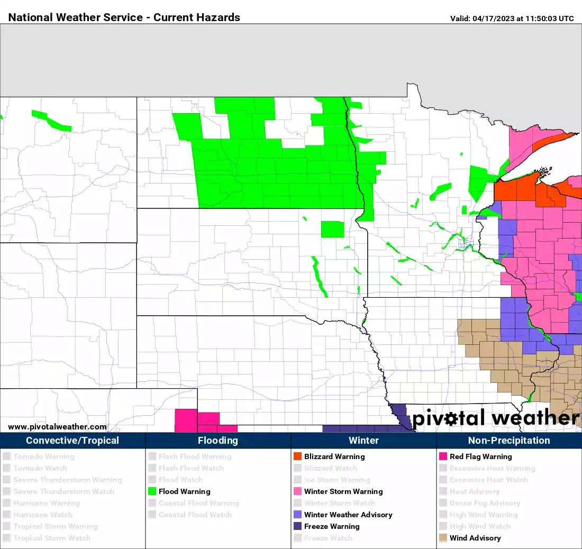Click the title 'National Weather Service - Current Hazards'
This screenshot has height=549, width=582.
tap(124, 17)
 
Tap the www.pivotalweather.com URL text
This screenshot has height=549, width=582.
tap(57, 427)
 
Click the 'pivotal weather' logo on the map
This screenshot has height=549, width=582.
tap(495, 418)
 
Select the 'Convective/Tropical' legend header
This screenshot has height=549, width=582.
tap(72, 441)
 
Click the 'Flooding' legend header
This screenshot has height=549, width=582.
tap(218, 441)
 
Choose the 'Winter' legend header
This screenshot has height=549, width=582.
tap(363, 441)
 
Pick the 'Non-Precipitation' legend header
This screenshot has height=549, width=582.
tap(509, 441)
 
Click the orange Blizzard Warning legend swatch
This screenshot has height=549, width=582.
tap(297, 456)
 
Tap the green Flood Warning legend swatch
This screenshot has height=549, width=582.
tap(152, 491)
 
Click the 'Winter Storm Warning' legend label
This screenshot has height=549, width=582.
tap(343, 491)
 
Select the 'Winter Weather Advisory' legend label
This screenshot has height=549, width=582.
tap(348, 515)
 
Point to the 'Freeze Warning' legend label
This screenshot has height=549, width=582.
tap(332, 526)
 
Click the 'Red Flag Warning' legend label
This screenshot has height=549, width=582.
tap(481, 456)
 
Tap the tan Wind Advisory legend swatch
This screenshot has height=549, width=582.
tap(443, 538)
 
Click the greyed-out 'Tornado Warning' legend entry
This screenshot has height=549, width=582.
tap(44, 456)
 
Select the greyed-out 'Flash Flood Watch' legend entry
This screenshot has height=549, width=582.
tap(191, 468)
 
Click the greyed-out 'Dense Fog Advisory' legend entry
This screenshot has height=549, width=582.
tap(485, 503)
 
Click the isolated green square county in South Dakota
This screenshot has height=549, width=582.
tap(332, 229)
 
